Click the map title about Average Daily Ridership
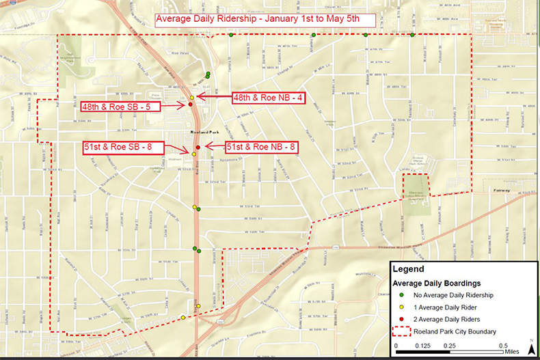pos(257,19)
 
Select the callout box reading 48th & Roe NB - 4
pos(267,98)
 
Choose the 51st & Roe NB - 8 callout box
pos(261,147)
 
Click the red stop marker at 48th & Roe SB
pos(191,105)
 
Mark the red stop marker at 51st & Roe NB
pos(198,148)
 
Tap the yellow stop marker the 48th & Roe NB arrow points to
pos(193,98)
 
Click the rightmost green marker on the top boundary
pos(412,35)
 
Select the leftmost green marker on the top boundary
pos(231,35)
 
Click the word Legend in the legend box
pos(409,269)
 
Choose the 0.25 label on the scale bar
pos(450,345)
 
